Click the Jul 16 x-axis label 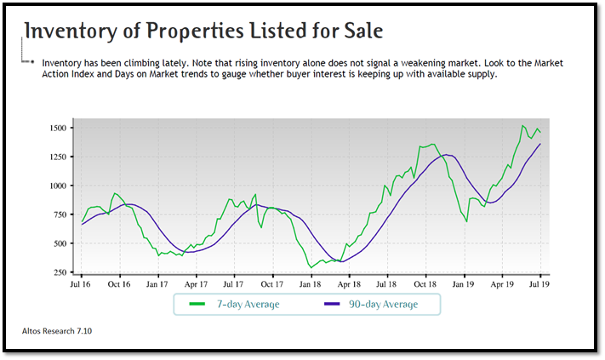coord(82,285)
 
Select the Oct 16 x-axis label coord(120,285)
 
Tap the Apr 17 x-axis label coord(197,285)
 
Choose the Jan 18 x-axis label coord(311,285)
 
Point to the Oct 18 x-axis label coord(425,285)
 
